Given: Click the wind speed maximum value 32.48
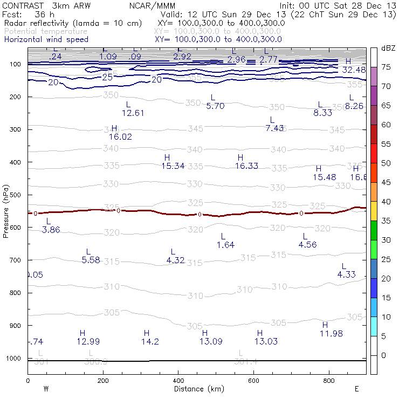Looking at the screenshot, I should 354,70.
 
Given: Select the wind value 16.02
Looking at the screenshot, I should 120,137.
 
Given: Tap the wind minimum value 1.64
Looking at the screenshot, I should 225,245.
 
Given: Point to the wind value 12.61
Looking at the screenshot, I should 133,113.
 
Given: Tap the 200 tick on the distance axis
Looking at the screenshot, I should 103,381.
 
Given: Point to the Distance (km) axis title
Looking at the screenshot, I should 196,389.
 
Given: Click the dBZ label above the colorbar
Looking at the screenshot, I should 388,48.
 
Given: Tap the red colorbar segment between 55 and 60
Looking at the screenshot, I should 373,134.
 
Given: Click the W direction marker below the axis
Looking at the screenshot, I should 46,389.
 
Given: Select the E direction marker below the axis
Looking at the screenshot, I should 356,389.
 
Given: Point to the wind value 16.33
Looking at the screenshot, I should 246,166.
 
